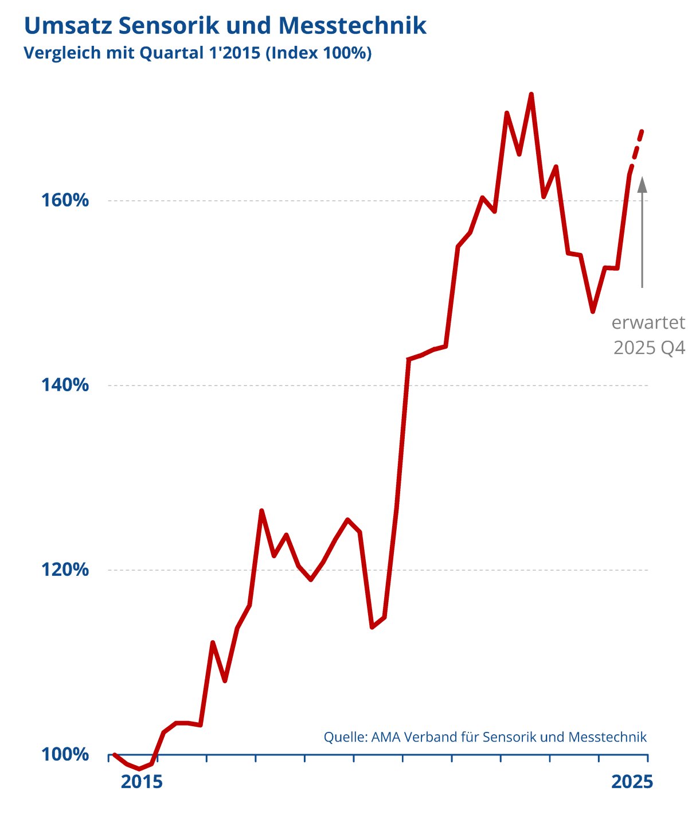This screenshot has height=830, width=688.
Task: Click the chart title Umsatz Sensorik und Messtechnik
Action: pyautogui.click(x=225, y=26)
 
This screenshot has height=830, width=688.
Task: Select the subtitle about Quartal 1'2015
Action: pyautogui.click(x=197, y=53)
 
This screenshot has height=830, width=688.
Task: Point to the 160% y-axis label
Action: pyautogui.click(x=65, y=201)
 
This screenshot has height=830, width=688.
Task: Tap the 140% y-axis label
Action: pyautogui.click(x=65, y=385)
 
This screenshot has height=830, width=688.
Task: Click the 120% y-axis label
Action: pyautogui.click(x=65, y=570)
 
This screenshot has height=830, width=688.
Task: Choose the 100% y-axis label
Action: pyautogui.click(x=65, y=754)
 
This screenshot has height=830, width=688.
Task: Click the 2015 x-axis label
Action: pyautogui.click(x=142, y=782)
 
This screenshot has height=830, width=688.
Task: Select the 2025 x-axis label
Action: pyautogui.click(x=632, y=782)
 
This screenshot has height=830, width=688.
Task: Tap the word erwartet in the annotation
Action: pyautogui.click(x=648, y=323)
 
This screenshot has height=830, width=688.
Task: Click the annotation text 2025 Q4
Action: pyautogui.click(x=649, y=348)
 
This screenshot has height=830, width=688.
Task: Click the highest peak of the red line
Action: pyautogui.click(x=531, y=94)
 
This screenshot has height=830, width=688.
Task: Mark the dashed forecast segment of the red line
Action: pyautogui.click(x=637, y=146)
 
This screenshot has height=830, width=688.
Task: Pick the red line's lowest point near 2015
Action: pyautogui.click(x=139, y=769)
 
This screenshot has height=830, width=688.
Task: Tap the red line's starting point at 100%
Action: pyautogui.click(x=115, y=754)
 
